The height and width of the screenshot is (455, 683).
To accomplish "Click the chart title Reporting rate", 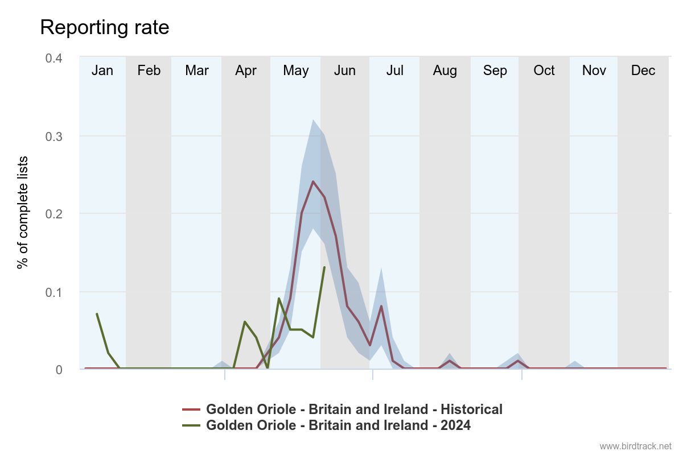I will coord(105,27).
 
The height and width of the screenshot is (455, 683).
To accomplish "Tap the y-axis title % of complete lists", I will coord(23,213).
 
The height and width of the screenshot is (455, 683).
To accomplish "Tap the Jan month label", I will coord(102,71).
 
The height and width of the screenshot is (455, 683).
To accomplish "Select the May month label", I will coord(295,71).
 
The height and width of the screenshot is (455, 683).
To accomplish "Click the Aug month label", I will coord(445,71).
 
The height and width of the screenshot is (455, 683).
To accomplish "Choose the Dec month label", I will coord(643,71).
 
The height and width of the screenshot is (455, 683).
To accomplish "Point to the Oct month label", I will coord(544,71).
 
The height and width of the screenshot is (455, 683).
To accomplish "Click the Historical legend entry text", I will coord(354,409).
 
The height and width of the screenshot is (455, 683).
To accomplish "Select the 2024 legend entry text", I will coord(338,425).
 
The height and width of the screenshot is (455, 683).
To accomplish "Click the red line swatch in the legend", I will coord(191,409).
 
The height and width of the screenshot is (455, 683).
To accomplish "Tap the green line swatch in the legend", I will coord(191,425).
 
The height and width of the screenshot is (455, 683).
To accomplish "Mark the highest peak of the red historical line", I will coord(313,181).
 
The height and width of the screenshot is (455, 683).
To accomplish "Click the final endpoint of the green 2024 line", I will coord(324,267).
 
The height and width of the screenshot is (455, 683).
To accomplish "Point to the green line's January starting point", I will coord(97,313).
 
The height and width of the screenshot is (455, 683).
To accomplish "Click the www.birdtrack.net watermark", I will coord(635,446).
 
